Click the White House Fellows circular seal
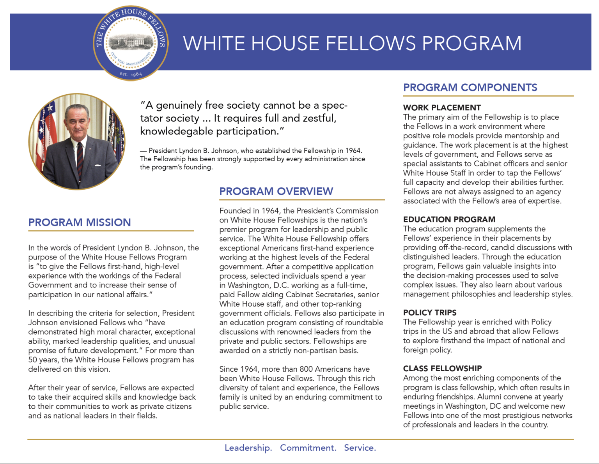(131, 43)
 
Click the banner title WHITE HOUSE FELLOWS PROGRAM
(352, 43)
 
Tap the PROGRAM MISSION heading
(80, 222)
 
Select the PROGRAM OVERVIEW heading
(276, 191)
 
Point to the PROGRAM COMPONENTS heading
(470, 88)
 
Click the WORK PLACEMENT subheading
(442, 108)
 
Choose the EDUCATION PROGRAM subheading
(449, 219)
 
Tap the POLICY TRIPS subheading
(429, 312)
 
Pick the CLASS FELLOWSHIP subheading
(442, 368)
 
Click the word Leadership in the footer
(248, 448)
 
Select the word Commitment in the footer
(308, 448)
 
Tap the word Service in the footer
(359, 448)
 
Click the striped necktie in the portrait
(80, 158)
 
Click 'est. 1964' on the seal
(131, 74)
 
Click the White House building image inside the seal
(131, 41)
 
